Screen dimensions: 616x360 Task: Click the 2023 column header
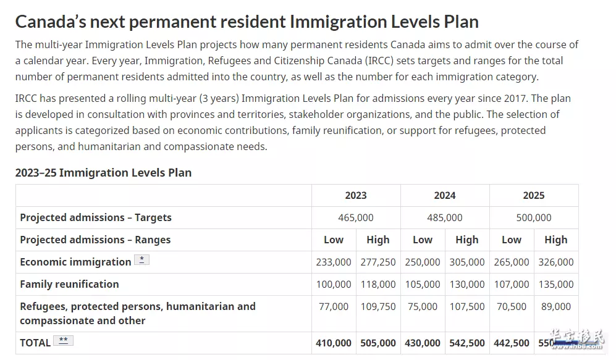pyautogui.click(x=355, y=196)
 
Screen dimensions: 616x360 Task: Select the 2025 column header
pyautogui.click(x=533, y=196)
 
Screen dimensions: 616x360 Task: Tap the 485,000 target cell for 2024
pyautogui.click(x=445, y=217)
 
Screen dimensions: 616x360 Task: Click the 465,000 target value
pyautogui.click(x=355, y=217)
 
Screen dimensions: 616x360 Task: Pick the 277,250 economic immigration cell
pyautogui.click(x=378, y=262)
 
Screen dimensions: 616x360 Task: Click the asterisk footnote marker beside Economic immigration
pyautogui.click(x=141, y=260)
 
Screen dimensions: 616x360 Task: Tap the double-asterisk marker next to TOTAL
pyautogui.click(x=63, y=340)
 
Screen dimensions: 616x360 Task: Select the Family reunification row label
pyautogui.click(x=70, y=284)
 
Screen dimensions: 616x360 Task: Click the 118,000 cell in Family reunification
pyautogui.click(x=378, y=284)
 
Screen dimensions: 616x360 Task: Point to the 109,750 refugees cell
pyautogui.click(x=378, y=307)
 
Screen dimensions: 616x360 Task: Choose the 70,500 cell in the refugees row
pyautogui.click(x=512, y=307)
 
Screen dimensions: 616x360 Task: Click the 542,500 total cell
pyautogui.click(x=467, y=343)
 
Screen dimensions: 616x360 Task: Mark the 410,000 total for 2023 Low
pyautogui.click(x=334, y=343)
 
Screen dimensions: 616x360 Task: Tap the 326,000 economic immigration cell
pyautogui.click(x=556, y=262)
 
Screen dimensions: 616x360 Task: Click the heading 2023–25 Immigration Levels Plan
pyautogui.click(x=103, y=173)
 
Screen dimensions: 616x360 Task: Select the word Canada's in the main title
pyautogui.click(x=51, y=22)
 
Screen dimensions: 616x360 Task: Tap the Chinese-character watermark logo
pyautogui.click(x=576, y=339)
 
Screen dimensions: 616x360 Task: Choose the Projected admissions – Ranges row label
pyautogui.click(x=96, y=240)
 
